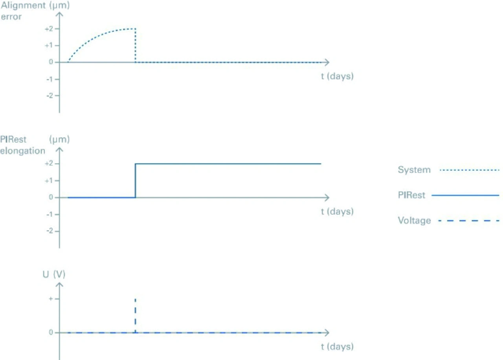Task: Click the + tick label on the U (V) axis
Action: [51, 299]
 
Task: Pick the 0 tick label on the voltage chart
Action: [51, 332]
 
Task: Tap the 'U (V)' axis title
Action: [54, 274]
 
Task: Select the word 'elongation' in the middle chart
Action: [22, 151]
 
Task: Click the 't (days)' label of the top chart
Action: [337, 76]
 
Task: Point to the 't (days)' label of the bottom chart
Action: [337, 347]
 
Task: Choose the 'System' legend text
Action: [414, 170]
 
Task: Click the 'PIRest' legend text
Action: [411, 195]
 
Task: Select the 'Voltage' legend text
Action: [414, 221]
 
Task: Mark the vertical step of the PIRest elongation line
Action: [135, 180]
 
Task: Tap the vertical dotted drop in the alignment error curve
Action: [135, 45]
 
